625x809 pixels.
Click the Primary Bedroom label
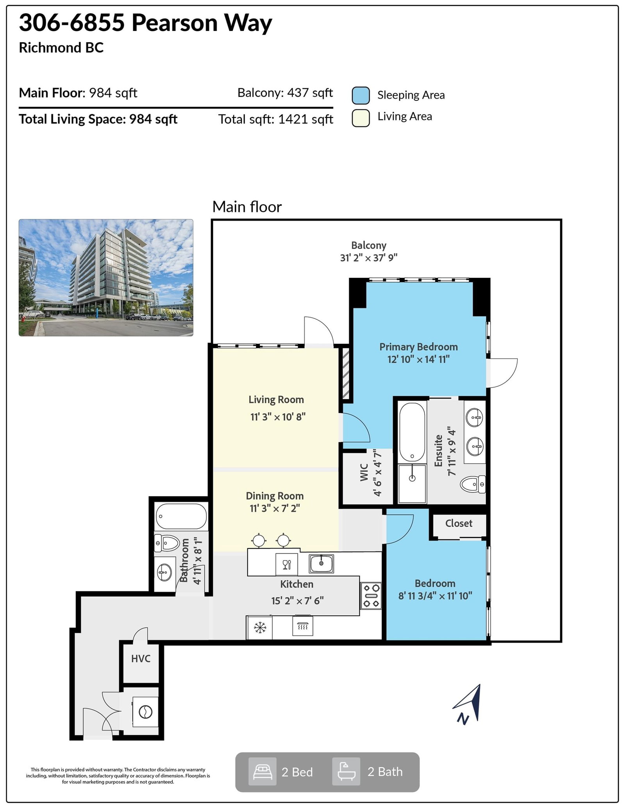coord(418,347)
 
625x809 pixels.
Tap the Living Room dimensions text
coord(278,417)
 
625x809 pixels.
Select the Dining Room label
coord(275,496)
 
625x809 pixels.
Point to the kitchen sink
coord(321,564)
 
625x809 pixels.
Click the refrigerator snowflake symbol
coord(260,628)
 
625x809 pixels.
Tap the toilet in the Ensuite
coord(473,484)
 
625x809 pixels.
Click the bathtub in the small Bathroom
coord(181,516)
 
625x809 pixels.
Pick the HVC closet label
coord(141,659)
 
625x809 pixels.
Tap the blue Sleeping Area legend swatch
coord(361,96)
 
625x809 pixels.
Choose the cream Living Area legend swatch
coord(361,118)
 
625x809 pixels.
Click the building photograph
coord(106,277)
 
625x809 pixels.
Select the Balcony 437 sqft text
coord(285,93)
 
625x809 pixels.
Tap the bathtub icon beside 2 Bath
coord(346,771)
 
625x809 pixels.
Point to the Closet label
coord(459,523)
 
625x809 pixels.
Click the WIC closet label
coord(364,472)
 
